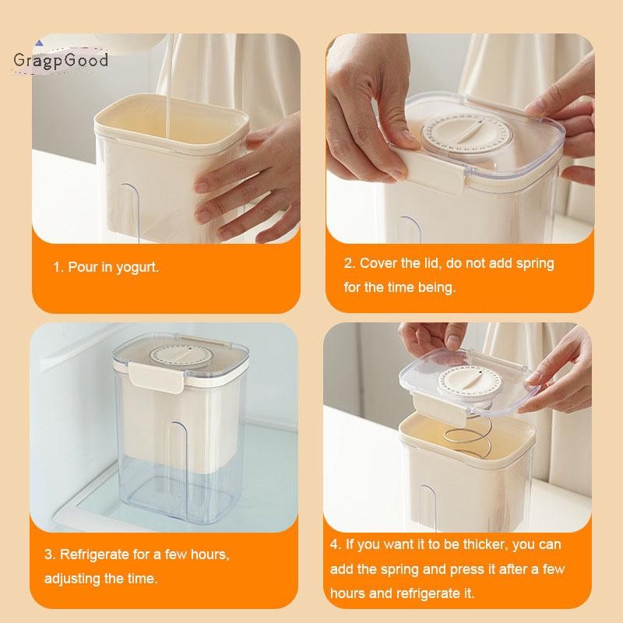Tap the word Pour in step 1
coord(83,267)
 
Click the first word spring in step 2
coord(536,263)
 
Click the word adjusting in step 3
coord(73,579)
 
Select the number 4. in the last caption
coord(336,545)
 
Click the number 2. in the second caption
coord(350,263)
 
